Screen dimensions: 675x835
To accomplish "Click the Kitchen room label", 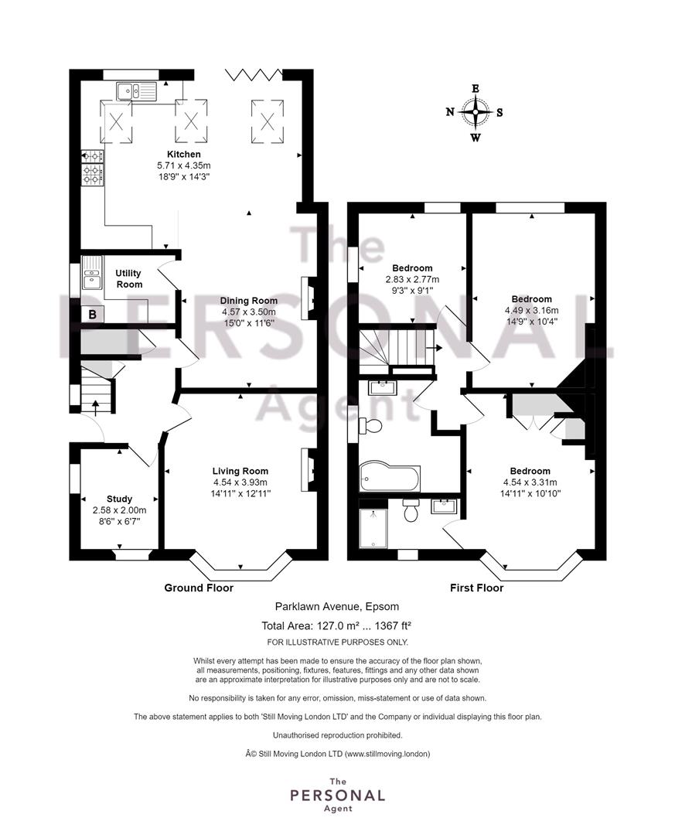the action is (184, 155).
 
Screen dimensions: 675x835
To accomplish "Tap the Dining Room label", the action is (249, 301).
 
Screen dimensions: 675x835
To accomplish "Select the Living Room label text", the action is (240, 471).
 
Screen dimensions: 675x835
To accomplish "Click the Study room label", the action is (119, 499).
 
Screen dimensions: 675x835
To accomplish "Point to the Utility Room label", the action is (128, 278).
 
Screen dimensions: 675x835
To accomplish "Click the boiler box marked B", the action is (93, 314).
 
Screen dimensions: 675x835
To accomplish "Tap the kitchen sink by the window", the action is (135, 91).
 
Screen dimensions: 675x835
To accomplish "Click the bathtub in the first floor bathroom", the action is (390, 478).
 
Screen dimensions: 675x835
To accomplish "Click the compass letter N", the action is (450, 112).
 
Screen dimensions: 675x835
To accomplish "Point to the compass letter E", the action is (476, 88).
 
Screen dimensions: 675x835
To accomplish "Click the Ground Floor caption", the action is (199, 588).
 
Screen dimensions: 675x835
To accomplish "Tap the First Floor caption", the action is (477, 588).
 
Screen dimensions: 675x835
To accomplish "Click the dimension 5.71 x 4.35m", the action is (184, 165).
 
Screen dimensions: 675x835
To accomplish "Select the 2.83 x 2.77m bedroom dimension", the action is (412, 280).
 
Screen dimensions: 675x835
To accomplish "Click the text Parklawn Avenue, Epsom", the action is (336, 607).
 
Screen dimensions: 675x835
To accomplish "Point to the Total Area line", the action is (336, 625).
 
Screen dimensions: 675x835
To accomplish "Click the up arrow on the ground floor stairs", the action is (96, 407).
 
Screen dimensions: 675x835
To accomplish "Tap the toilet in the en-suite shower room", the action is (411, 510).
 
